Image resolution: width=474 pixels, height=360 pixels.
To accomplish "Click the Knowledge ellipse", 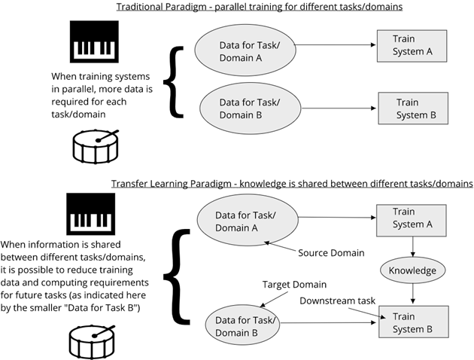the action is tap(412, 270).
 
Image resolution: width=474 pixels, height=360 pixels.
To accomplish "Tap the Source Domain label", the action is tap(331, 253).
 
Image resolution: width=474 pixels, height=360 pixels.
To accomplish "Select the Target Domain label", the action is tap(294, 285).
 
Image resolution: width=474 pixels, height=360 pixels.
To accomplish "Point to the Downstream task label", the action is tap(337, 301).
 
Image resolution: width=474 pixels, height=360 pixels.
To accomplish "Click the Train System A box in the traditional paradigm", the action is tap(412, 46).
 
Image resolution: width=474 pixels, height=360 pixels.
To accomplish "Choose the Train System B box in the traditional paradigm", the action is tap(413, 108).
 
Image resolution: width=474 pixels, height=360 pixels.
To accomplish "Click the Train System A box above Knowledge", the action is tap(411, 220).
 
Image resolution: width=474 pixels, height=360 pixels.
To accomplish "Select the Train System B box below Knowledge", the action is tap(414, 322).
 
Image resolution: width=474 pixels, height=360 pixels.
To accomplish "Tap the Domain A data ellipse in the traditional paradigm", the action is tap(245, 50).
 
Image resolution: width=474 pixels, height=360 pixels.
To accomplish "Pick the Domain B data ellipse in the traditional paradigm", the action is tap(251, 108).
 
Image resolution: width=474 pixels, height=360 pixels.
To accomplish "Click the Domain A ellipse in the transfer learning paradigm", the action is tap(248, 220).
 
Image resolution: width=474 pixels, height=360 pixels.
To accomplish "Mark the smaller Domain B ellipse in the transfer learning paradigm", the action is tap(243, 325).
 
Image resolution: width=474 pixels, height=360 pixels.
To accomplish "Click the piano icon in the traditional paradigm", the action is tap(94, 41).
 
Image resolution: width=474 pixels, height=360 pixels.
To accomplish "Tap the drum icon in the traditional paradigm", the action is tap(96, 147).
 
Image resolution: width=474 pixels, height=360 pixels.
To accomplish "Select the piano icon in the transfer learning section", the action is tap(91, 214).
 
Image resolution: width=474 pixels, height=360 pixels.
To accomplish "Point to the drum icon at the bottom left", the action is tap(93, 342).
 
